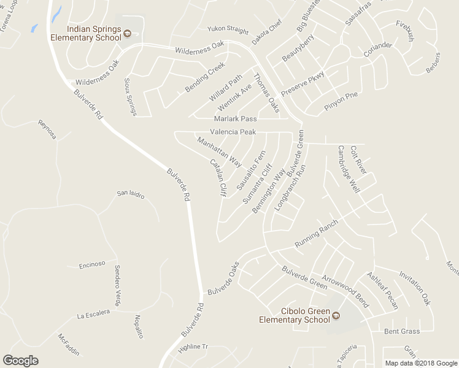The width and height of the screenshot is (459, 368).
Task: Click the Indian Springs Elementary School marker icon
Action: tap(128, 33)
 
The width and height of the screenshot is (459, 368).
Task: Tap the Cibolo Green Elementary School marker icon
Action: tap(336, 316)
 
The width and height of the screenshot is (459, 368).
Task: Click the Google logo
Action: tap(20, 361)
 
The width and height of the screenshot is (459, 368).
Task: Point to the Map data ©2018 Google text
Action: tap(420, 363)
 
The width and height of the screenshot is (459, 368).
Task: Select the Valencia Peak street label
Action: tap(233, 132)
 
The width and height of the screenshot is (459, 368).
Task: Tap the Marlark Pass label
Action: tap(235, 118)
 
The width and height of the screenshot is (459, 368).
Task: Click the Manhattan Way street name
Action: tap(219, 152)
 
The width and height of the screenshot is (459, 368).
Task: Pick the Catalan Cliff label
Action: tap(218, 178)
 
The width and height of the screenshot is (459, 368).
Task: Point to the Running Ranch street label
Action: tap(316, 234)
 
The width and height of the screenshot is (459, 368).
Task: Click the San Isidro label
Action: tap(131, 194)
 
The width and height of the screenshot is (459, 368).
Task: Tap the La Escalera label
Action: tap(93, 314)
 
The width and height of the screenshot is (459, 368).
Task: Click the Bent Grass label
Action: tap(402, 332)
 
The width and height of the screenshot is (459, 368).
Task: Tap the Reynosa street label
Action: tap(47, 129)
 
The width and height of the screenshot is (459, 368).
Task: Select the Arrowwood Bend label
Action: tap(345, 289)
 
